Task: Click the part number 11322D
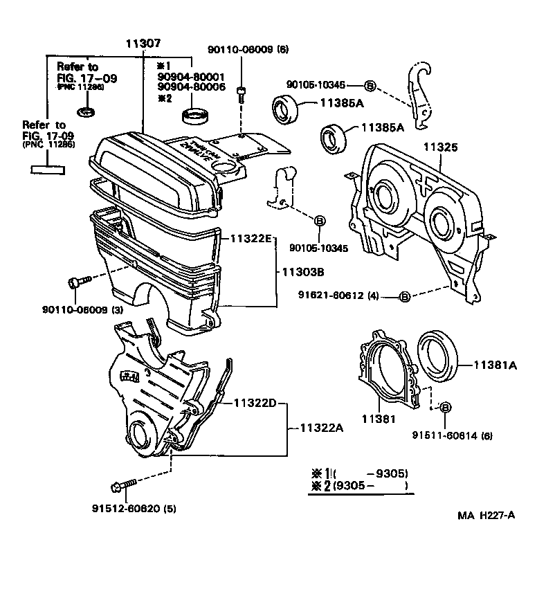tap(255, 402)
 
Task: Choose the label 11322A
tap(322, 428)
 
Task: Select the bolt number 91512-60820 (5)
tap(134, 509)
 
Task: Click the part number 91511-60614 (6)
tap(452, 436)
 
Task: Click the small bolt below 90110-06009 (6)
tap(241, 95)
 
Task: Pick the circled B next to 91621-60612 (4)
tap(405, 297)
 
